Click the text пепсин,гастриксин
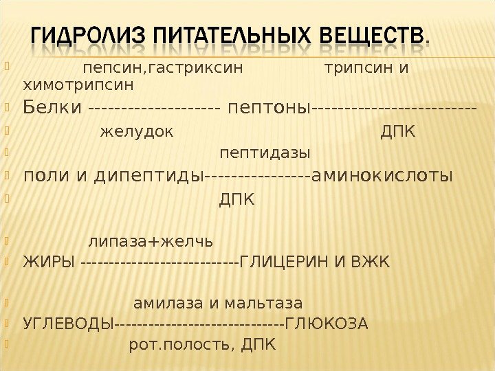[163, 69]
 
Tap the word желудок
[137, 131]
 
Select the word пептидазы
[265, 152]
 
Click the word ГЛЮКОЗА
[327, 323]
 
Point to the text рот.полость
[175, 344]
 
